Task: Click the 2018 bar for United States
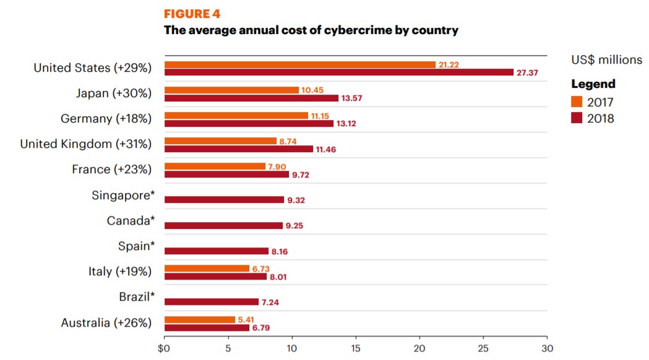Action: click(x=339, y=72)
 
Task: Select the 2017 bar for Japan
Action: click(x=231, y=90)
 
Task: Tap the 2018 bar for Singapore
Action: click(x=224, y=200)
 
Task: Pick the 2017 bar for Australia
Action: click(x=199, y=319)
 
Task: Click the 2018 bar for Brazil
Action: click(x=211, y=302)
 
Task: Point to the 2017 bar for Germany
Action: click(x=236, y=116)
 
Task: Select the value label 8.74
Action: click(x=288, y=141)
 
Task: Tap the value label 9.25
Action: click(x=294, y=226)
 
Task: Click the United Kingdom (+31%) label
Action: click(x=86, y=144)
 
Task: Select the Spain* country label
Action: click(x=135, y=246)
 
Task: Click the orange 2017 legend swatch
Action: click(x=577, y=102)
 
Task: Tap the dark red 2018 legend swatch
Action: click(x=577, y=118)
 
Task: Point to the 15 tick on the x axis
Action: click(x=355, y=348)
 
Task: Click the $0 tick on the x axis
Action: click(x=165, y=348)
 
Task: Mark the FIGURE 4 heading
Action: click(x=192, y=14)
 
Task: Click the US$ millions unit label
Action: click(x=606, y=60)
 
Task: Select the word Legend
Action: click(x=593, y=84)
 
